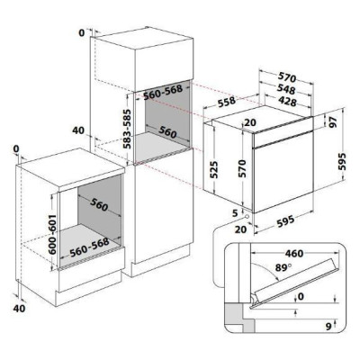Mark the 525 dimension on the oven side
pos(214,168)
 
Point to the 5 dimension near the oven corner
pos(233,212)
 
